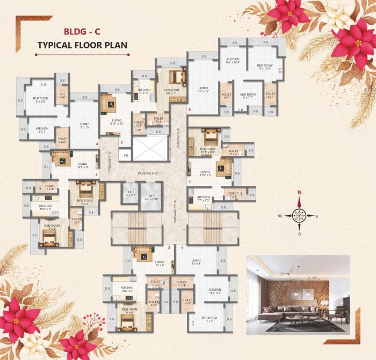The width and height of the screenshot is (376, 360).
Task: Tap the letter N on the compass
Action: point(300,192)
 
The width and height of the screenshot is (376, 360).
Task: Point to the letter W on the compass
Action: point(280,216)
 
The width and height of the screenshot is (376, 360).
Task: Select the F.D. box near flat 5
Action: point(125,156)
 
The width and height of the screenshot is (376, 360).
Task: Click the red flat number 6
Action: point(189,110)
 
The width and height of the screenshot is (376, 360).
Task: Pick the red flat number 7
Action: point(189,183)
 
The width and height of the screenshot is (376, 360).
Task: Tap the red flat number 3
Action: point(96,174)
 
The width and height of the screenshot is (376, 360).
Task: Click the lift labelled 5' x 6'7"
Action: point(129,193)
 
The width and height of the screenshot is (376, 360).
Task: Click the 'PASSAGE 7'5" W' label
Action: point(175,211)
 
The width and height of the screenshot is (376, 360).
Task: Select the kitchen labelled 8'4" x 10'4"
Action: point(233,61)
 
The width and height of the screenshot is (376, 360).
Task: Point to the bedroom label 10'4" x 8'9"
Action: point(207,150)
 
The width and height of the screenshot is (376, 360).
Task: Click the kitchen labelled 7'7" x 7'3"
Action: point(203,199)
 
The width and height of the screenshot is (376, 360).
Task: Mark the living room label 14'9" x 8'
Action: point(82,165)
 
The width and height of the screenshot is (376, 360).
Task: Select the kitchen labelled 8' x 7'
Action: point(41,130)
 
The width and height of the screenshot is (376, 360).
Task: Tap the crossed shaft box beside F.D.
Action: point(150,148)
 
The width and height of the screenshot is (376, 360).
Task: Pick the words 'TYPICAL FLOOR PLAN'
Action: point(82,46)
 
